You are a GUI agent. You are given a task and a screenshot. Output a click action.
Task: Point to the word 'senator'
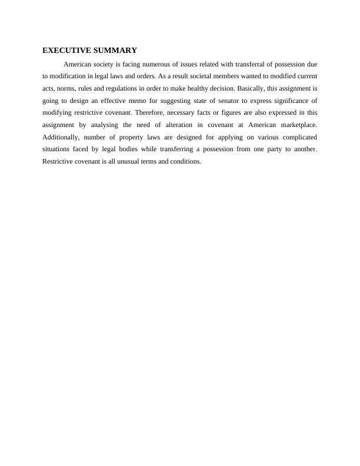pyautogui.click(x=214, y=101)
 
